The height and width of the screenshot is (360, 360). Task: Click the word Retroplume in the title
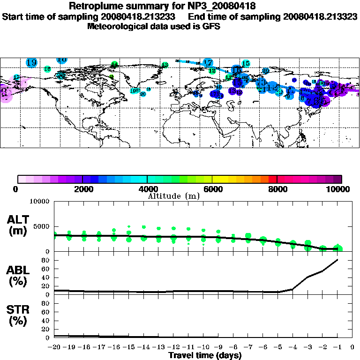click(x=97, y=7)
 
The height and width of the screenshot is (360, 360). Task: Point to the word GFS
click(x=211, y=26)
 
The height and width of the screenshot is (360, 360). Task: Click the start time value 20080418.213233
click(x=142, y=17)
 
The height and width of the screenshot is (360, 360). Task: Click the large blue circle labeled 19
click(x=32, y=62)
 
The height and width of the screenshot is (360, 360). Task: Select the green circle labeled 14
click(x=114, y=64)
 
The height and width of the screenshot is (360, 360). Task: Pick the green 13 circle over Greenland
click(x=165, y=65)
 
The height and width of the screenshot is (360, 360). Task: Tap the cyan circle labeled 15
click(x=246, y=64)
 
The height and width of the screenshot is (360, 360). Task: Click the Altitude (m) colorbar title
click(x=174, y=195)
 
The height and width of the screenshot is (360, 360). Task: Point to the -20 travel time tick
click(x=55, y=347)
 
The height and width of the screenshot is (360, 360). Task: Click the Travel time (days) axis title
click(x=205, y=355)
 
